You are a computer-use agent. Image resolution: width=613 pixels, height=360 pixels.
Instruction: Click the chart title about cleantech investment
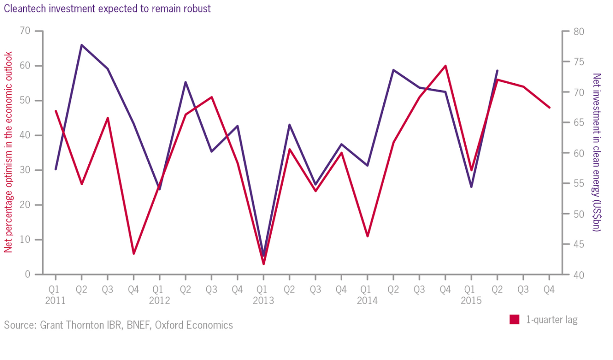tap(108, 9)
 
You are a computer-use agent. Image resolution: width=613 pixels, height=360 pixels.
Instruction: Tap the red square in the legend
tap(514, 320)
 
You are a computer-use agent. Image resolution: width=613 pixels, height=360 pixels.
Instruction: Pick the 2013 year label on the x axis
tap(263, 301)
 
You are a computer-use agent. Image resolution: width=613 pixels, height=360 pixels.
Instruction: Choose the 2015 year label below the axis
tap(471, 301)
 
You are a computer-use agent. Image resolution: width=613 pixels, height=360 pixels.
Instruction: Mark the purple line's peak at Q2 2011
tap(81, 45)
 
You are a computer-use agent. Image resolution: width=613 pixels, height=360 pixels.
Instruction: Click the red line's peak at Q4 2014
tap(445, 66)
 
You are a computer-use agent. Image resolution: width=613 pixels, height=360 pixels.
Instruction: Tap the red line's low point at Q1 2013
tap(263, 264)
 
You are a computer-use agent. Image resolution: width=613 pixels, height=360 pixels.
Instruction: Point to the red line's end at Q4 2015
tap(549, 107)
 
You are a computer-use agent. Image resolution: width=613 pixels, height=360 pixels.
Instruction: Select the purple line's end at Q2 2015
tap(497, 70)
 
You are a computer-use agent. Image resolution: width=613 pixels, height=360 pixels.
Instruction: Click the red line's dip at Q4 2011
tap(134, 253)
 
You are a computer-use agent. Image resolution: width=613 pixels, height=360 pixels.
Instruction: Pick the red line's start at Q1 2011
tap(55, 111)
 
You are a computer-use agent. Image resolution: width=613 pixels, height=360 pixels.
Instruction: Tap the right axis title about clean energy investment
tap(596, 152)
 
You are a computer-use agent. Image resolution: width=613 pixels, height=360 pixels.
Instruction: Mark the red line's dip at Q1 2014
tap(367, 236)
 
